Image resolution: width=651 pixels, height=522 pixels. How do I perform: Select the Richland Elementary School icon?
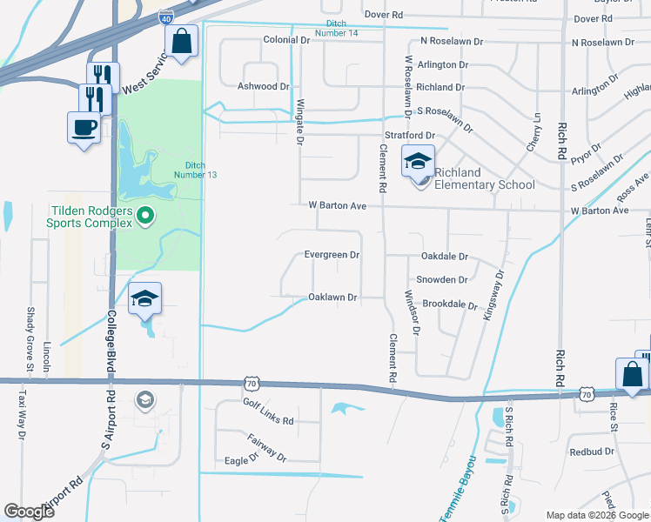click(x=417, y=163)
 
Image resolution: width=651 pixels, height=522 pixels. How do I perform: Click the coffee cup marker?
click(x=84, y=127)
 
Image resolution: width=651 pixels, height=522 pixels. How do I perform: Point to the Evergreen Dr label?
click(x=332, y=255)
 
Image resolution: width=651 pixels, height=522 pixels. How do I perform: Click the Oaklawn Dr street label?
click(x=333, y=298)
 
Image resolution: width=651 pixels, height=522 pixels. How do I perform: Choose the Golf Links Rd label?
click(x=268, y=420)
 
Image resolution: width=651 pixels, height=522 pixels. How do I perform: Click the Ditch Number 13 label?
click(x=200, y=170)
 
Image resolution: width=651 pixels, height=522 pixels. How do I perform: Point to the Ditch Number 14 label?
click(x=342, y=28)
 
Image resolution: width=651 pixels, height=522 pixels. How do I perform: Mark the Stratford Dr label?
click(x=409, y=136)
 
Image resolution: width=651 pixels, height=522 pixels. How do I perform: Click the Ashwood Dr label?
click(x=263, y=87)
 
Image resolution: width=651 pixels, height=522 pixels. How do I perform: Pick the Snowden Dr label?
click(x=442, y=280)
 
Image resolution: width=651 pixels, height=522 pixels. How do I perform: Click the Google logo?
click(x=29, y=512)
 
